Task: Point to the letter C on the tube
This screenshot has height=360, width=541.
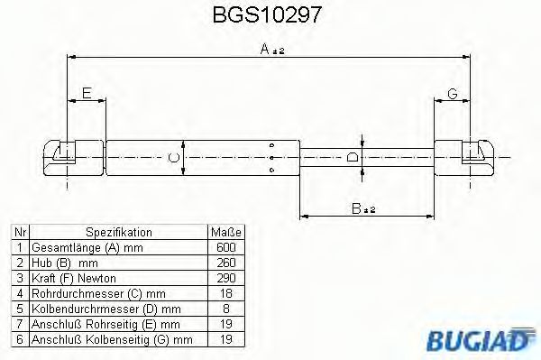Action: click(x=176, y=158)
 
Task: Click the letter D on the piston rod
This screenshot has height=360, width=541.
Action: click(x=352, y=158)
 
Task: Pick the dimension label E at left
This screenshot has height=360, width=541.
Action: click(x=87, y=93)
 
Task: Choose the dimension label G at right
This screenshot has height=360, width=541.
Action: click(x=452, y=93)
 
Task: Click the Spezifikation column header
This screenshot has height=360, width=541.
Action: click(x=118, y=232)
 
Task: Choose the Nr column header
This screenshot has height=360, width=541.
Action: click(x=18, y=232)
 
